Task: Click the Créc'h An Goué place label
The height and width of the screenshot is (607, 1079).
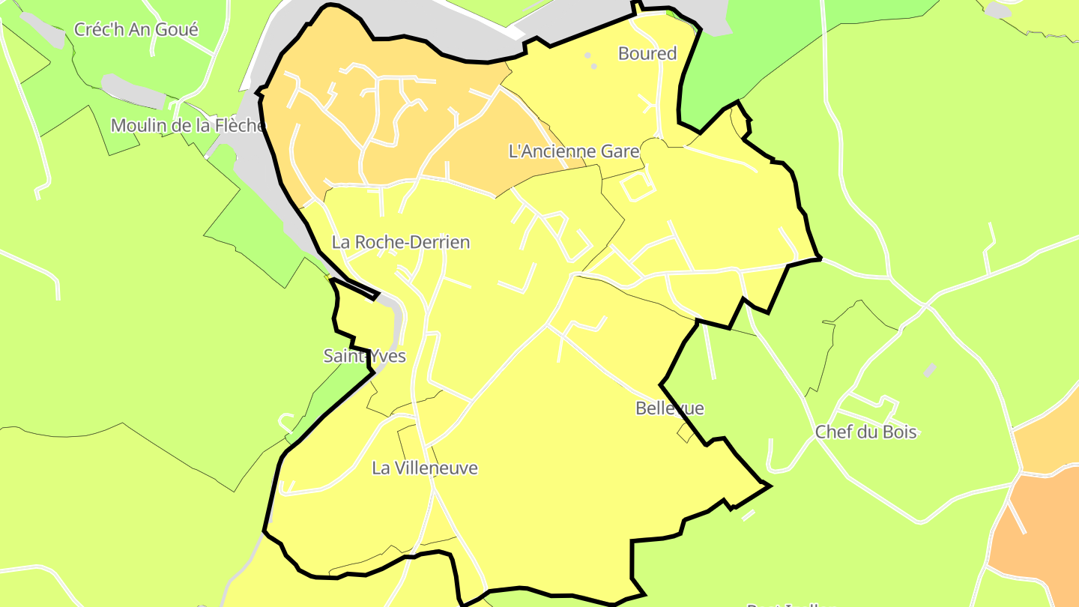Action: (136, 30)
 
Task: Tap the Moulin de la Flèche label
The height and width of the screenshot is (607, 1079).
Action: (187, 125)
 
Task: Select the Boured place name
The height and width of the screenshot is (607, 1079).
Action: (647, 53)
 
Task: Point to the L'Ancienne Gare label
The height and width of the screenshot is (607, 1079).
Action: (574, 151)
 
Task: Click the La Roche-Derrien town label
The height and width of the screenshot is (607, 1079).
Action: (401, 242)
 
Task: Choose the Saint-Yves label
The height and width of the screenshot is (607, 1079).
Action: (364, 355)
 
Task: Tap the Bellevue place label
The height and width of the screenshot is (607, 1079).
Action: (670, 408)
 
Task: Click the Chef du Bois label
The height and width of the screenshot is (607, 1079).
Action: (865, 432)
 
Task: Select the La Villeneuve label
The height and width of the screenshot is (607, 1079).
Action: (425, 468)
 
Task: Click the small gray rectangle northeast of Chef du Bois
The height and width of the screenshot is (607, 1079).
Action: (930, 369)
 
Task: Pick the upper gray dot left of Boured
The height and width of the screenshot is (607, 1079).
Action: (587, 55)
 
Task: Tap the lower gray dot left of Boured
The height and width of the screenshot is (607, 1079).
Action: (594, 66)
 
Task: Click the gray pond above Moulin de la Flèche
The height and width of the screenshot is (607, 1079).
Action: (132, 91)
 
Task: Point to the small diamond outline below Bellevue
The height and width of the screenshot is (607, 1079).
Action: (686, 432)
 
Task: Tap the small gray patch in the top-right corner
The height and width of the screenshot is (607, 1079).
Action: (997, 10)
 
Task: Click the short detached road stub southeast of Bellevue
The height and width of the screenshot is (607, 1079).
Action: (749, 515)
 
